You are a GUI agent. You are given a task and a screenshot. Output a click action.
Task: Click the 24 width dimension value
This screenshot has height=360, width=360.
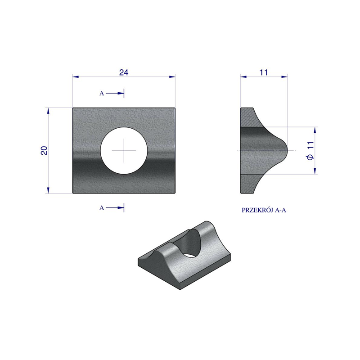click(x=124, y=72)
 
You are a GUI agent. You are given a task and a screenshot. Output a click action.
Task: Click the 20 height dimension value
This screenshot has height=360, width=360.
click(x=44, y=150)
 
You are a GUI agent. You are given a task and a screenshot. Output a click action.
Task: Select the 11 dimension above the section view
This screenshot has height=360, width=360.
click(x=264, y=72)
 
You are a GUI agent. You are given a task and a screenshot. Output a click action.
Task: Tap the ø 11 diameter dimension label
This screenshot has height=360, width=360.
click(x=310, y=151)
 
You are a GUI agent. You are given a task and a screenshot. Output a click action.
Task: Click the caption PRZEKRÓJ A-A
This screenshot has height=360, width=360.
click(x=264, y=210)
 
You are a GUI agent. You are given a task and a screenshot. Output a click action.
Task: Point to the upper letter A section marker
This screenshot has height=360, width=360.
click(x=102, y=94)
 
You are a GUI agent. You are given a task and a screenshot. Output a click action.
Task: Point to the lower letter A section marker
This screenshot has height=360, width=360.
click(x=102, y=208)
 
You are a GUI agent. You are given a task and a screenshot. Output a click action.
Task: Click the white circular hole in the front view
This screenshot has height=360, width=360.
click(x=124, y=150)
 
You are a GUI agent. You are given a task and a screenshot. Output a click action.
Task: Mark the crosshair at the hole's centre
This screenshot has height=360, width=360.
click(x=124, y=150)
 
